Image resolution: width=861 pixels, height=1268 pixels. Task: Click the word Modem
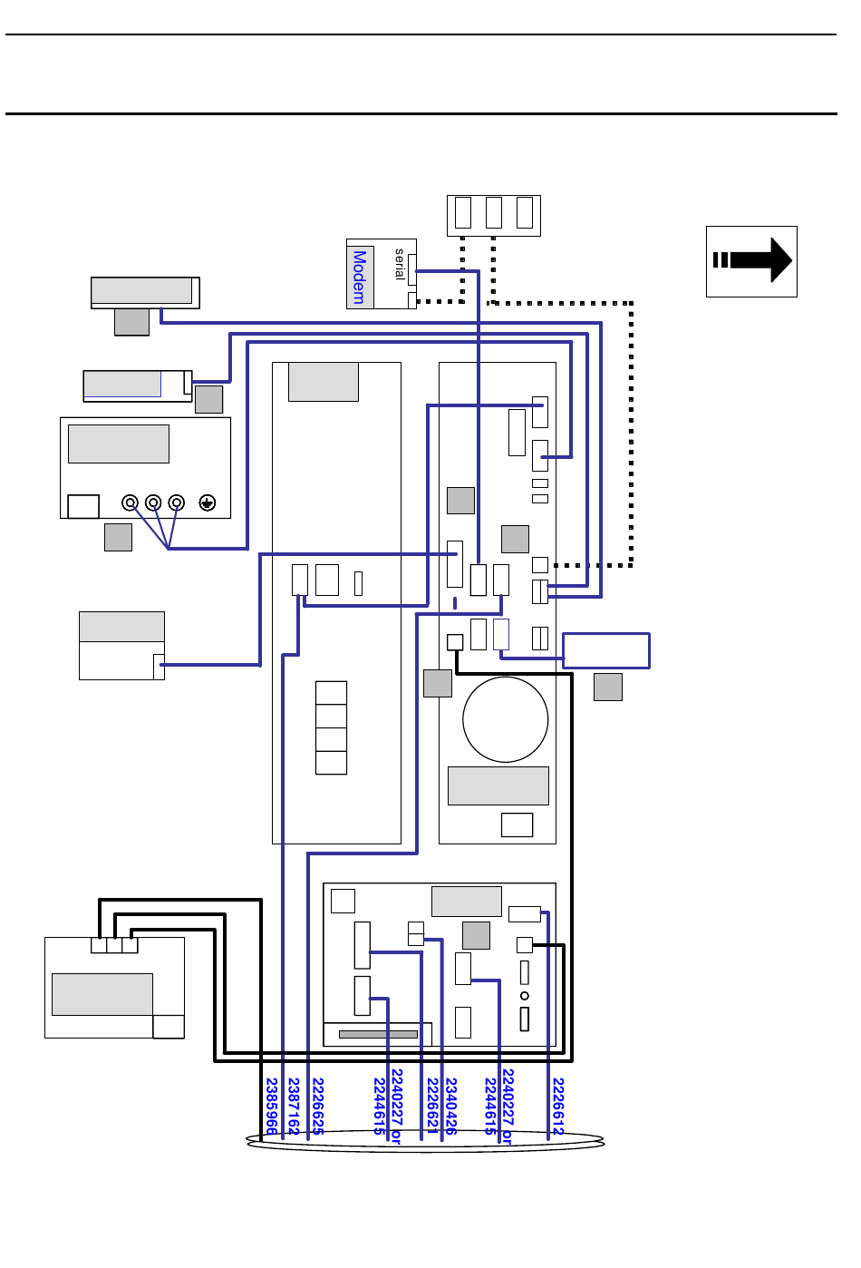[360, 277]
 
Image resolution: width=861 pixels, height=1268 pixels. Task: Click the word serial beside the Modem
[400, 263]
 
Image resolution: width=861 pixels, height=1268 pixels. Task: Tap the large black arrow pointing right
[752, 260]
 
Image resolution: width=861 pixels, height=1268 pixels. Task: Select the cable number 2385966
[271, 1106]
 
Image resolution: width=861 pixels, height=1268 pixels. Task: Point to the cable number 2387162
[293, 1106]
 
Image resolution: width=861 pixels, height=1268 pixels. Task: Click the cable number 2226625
[317, 1106]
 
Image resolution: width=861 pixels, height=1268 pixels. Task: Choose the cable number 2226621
[432, 1106]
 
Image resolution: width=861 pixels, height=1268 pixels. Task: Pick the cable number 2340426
[451, 1106]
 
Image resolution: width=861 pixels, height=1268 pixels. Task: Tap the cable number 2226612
[558, 1106]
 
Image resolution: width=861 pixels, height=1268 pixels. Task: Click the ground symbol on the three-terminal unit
[208, 502]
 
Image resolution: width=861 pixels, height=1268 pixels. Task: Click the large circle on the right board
[505, 719]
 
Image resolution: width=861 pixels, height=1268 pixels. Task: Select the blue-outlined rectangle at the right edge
[606, 650]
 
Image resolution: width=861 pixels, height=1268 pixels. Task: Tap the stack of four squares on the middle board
[331, 727]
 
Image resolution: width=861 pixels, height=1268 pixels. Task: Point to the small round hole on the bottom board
[524, 996]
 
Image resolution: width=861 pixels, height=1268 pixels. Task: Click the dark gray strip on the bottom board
[378, 1034]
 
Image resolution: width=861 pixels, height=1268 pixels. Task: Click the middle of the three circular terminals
[153, 502]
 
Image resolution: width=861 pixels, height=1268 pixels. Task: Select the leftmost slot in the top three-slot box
[463, 212]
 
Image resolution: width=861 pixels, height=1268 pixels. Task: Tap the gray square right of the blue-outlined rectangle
[608, 687]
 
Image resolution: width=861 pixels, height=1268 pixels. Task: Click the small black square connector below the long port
[455, 642]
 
